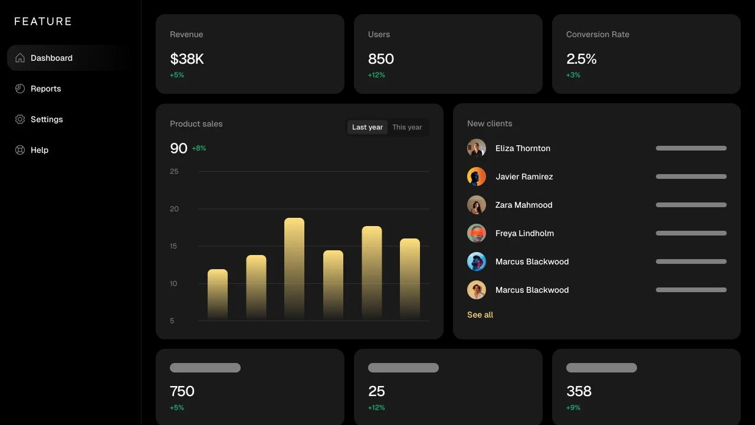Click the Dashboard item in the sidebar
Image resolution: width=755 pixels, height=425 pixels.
tap(51, 58)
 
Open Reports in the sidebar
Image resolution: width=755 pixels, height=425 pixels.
tap(45, 89)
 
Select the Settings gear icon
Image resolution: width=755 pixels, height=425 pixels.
tap(20, 119)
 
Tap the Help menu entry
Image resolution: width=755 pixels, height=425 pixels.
tap(39, 150)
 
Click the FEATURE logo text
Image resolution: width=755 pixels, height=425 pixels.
tap(43, 22)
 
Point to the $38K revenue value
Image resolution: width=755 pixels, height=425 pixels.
tap(187, 59)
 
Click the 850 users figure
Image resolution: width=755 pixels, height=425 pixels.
tap(381, 59)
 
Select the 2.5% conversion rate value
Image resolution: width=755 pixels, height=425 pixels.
tap(582, 59)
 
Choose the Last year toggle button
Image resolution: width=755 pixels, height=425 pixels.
tap(367, 127)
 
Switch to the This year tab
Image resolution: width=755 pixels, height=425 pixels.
tap(407, 127)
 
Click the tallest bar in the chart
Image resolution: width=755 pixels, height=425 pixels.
tap(294, 269)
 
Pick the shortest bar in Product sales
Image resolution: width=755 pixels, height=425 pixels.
tap(218, 294)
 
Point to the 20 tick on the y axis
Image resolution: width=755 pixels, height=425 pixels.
tap(174, 209)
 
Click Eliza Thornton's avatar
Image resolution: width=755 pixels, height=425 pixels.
tap(477, 148)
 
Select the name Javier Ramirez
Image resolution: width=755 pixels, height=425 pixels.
tap(524, 176)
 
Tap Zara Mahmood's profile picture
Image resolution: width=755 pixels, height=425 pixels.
tap(477, 205)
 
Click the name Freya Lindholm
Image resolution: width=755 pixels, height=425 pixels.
tap(524, 233)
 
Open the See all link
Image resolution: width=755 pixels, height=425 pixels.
tap(480, 315)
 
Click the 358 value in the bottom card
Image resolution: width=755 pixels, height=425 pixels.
tap(579, 391)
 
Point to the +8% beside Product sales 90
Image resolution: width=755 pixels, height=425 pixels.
tap(199, 148)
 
